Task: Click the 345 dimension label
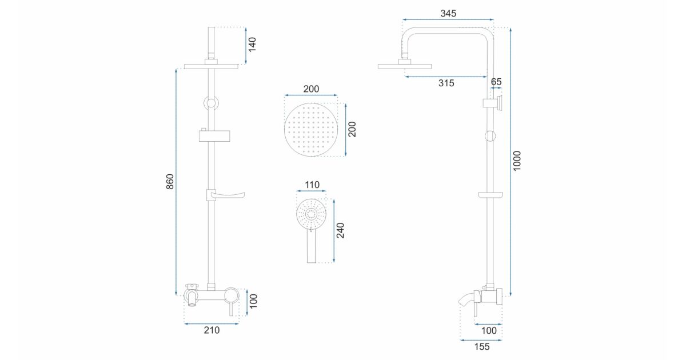pyautogui.click(x=448, y=14)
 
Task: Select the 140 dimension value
pyautogui.click(x=252, y=45)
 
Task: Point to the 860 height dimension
pyautogui.click(x=170, y=182)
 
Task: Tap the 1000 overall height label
pyautogui.click(x=517, y=161)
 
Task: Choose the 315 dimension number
pyautogui.click(x=446, y=83)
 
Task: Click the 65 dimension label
pyautogui.click(x=496, y=82)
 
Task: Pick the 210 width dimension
pyautogui.click(x=212, y=330)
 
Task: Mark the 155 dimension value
pyautogui.click(x=482, y=346)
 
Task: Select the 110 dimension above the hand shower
pyautogui.click(x=312, y=185)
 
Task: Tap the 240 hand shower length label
pyautogui.click(x=340, y=230)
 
